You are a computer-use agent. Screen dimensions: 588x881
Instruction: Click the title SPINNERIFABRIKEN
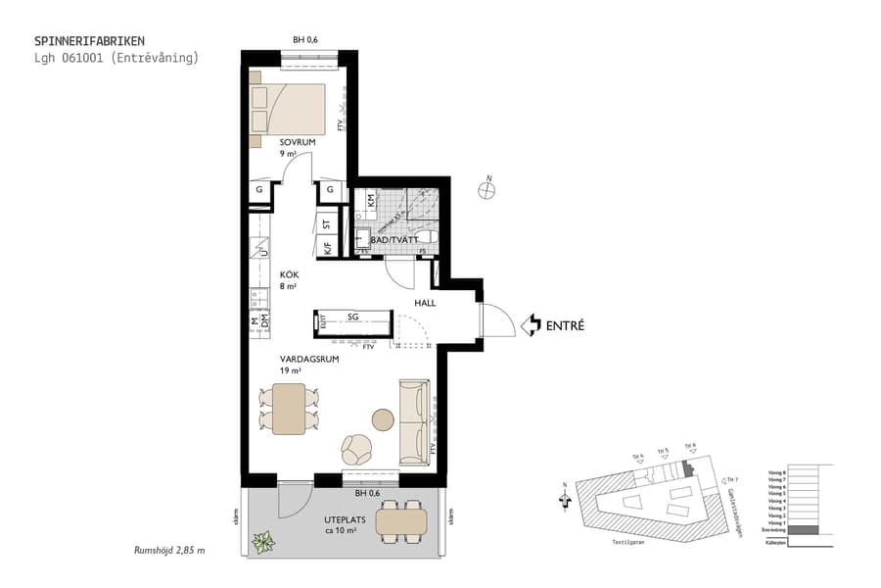click(90, 41)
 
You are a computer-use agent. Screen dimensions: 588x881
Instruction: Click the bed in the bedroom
click(289, 109)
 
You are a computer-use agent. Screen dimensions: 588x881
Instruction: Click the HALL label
click(425, 303)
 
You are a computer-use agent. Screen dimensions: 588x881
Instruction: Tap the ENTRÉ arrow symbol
click(530, 324)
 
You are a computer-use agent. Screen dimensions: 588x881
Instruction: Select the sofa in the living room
click(414, 422)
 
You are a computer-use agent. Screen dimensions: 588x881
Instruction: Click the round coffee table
click(382, 420)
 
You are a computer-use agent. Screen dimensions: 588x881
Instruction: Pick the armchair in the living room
click(356, 450)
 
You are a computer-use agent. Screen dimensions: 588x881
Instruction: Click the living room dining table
click(290, 409)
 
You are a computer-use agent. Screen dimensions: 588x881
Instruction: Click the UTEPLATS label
click(346, 520)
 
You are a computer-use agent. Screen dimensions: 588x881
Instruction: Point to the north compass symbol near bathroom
click(487, 190)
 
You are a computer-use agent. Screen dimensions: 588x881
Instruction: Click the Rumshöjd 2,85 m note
click(169, 550)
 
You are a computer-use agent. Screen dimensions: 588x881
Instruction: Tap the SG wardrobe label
click(352, 317)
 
